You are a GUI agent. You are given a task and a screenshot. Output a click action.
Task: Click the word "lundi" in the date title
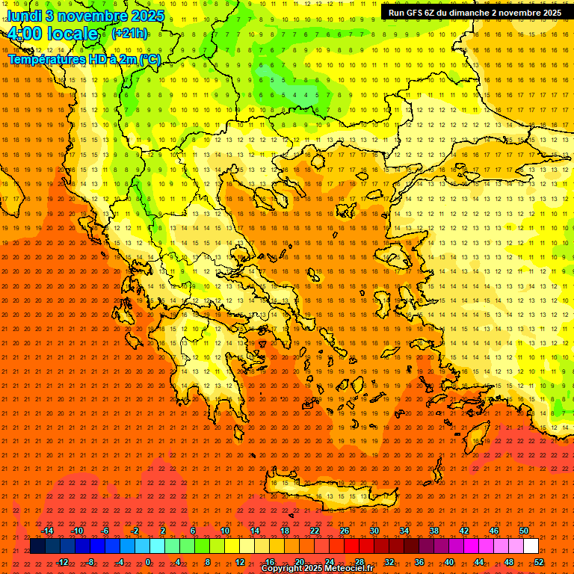(24, 15)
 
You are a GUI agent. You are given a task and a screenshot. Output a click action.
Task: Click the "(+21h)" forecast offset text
(129, 34)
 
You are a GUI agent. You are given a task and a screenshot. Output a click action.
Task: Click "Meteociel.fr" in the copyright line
(348, 569)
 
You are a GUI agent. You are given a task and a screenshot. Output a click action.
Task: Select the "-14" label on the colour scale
(46, 531)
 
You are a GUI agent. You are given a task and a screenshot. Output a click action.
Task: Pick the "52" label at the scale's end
(540, 562)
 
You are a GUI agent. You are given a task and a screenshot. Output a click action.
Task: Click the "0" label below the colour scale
(148, 562)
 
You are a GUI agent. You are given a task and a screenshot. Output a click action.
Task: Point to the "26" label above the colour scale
(345, 531)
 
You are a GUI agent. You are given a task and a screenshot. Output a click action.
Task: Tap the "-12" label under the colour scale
(62, 562)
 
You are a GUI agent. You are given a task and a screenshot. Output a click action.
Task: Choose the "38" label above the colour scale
(434, 531)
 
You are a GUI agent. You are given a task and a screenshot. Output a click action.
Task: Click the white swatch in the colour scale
(531, 546)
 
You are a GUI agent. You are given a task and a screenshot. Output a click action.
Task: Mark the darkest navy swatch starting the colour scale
(37, 546)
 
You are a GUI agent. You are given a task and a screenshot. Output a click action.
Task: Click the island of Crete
(329, 493)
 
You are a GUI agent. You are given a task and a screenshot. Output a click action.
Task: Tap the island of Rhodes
(479, 437)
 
